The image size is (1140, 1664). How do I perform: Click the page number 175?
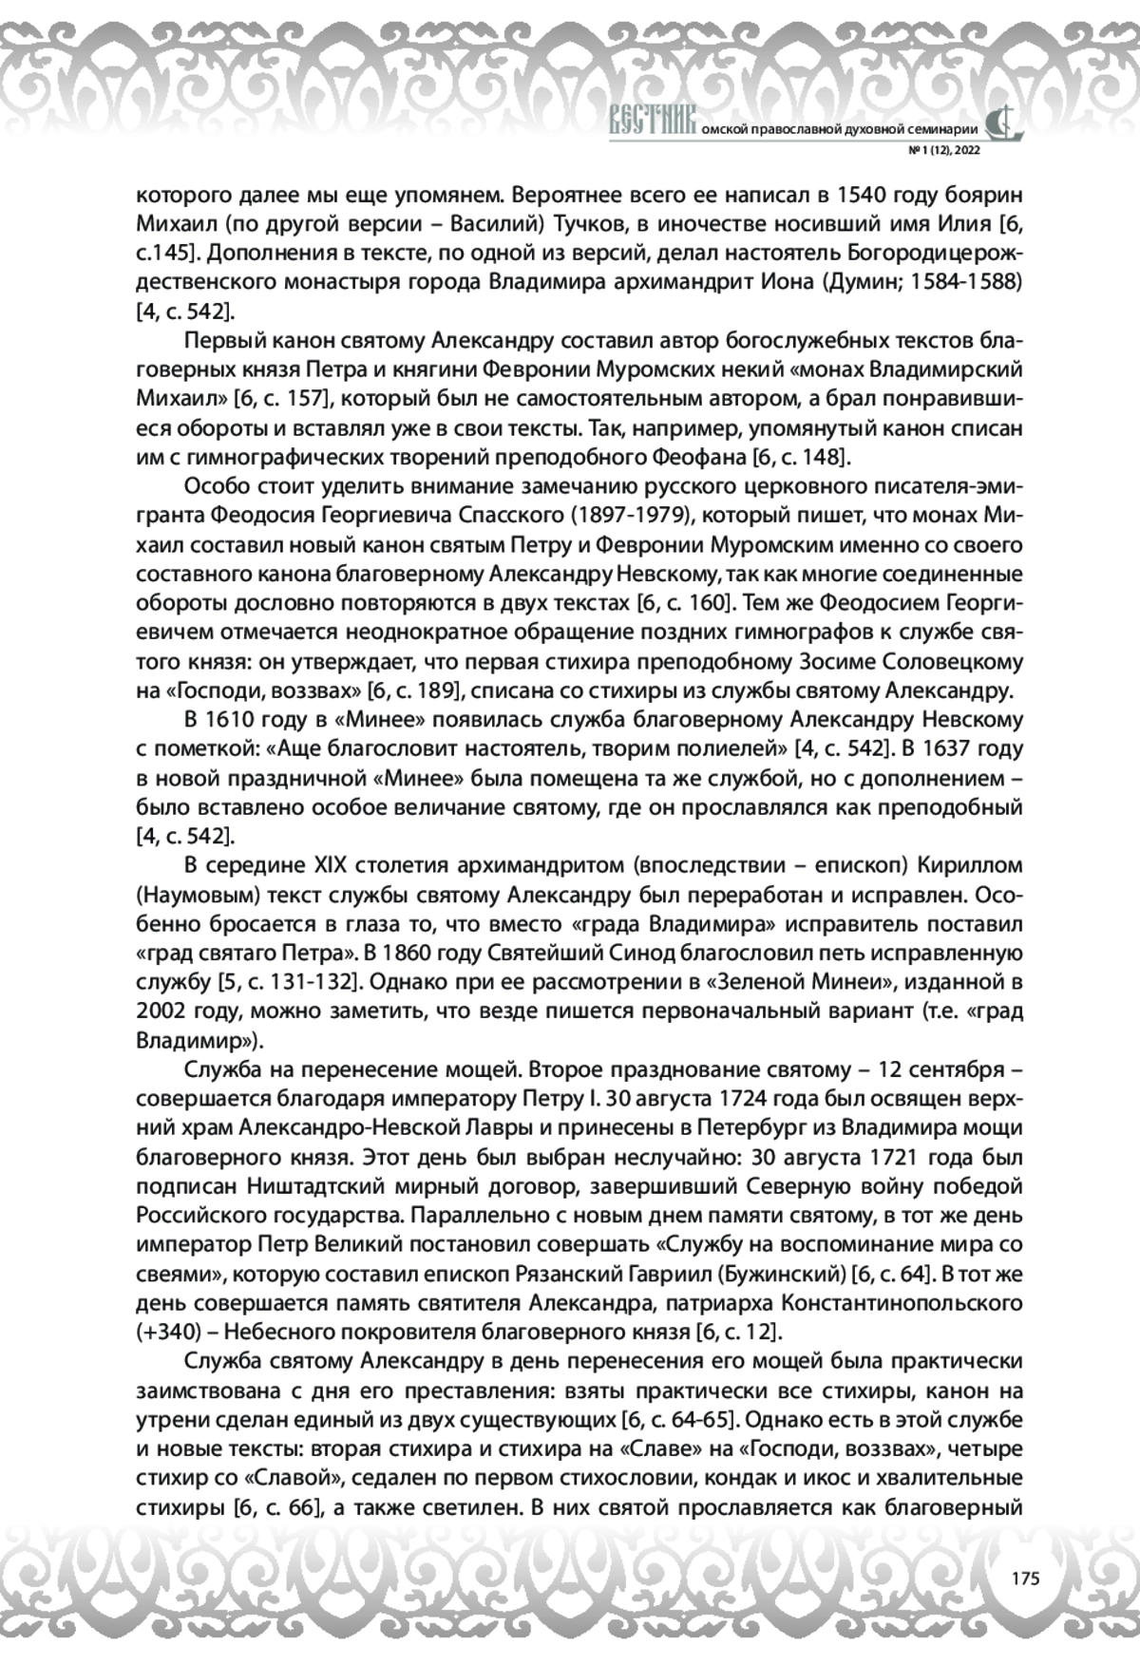[1026, 1579]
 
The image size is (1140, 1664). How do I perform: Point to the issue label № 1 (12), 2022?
[944, 150]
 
